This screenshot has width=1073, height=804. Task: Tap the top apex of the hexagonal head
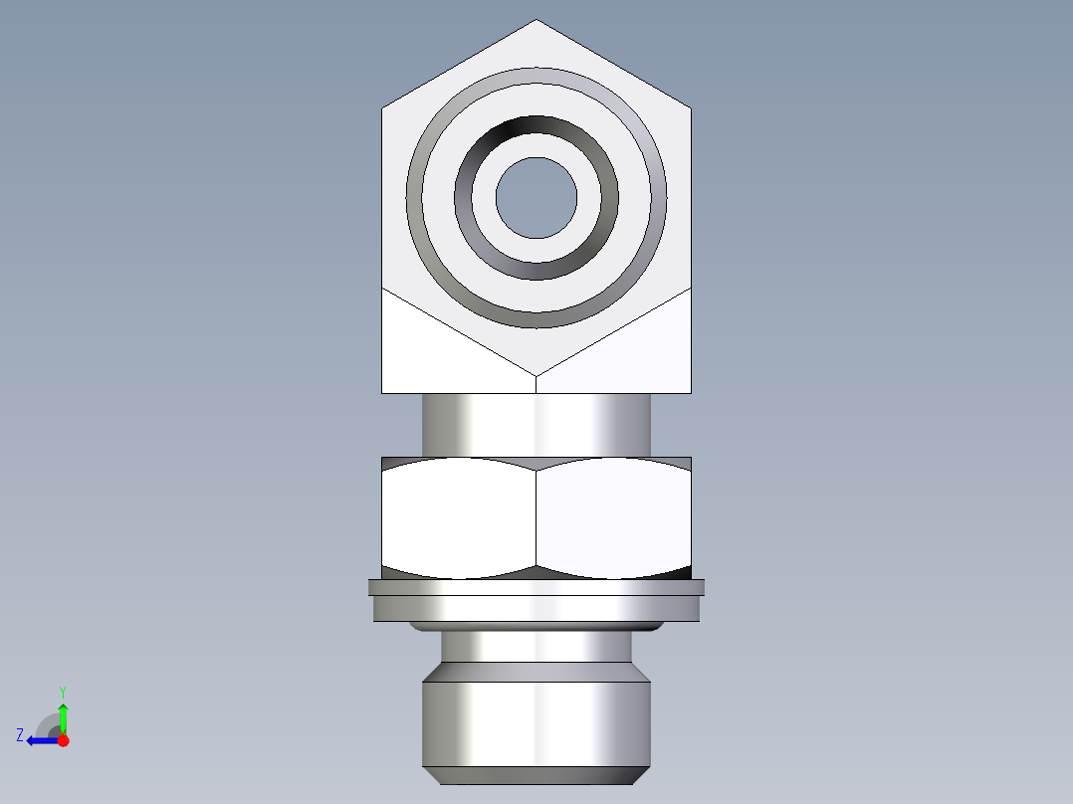(x=536, y=22)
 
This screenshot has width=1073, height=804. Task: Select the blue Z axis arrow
(x=40, y=740)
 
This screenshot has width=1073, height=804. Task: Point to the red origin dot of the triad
(x=63, y=740)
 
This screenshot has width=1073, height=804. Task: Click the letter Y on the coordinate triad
(x=62, y=691)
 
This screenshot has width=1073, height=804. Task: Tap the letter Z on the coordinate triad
(x=20, y=735)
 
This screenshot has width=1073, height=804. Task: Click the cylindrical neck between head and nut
(x=536, y=424)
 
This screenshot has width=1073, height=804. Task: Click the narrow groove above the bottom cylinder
(x=536, y=647)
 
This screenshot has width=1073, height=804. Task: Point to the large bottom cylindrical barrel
(x=536, y=721)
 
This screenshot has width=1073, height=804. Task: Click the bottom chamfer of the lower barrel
(x=536, y=774)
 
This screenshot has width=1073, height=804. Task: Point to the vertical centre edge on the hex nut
(x=536, y=517)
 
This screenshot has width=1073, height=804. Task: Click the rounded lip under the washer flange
(x=536, y=627)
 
